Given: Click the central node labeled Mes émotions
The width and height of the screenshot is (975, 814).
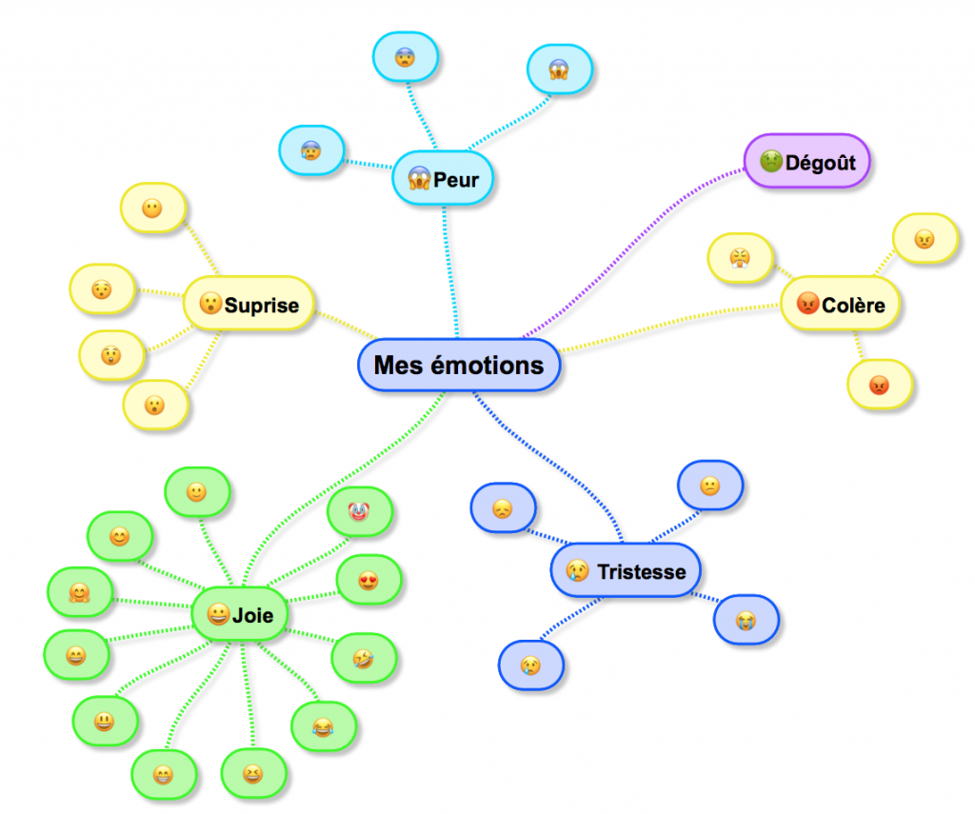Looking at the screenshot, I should click(x=459, y=365).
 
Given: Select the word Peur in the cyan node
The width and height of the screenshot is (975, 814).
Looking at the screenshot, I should click(x=456, y=178).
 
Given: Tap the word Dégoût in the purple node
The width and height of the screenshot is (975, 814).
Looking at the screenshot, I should click(x=820, y=162).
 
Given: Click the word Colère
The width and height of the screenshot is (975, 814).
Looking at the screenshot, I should click(x=853, y=306).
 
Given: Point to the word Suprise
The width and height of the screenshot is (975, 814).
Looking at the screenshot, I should click(x=262, y=306).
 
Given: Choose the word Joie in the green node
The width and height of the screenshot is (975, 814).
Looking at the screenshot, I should click(x=253, y=615).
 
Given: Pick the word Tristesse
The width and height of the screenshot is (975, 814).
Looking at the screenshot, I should click(x=641, y=571).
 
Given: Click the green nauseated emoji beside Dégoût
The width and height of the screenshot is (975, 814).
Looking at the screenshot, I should click(x=770, y=162).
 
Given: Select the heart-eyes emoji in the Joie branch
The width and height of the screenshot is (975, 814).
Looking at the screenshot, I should click(x=368, y=579).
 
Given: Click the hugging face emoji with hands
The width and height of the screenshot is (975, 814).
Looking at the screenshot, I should click(x=79, y=593).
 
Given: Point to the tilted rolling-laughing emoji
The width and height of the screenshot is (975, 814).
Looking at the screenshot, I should click(x=364, y=657).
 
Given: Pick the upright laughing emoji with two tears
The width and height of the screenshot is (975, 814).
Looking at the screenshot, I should click(x=323, y=728).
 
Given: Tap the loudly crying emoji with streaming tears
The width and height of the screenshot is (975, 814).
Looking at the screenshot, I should click(x=746, y=621).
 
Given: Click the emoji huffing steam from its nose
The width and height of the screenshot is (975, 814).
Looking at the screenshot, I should click(x=740, y=257).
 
